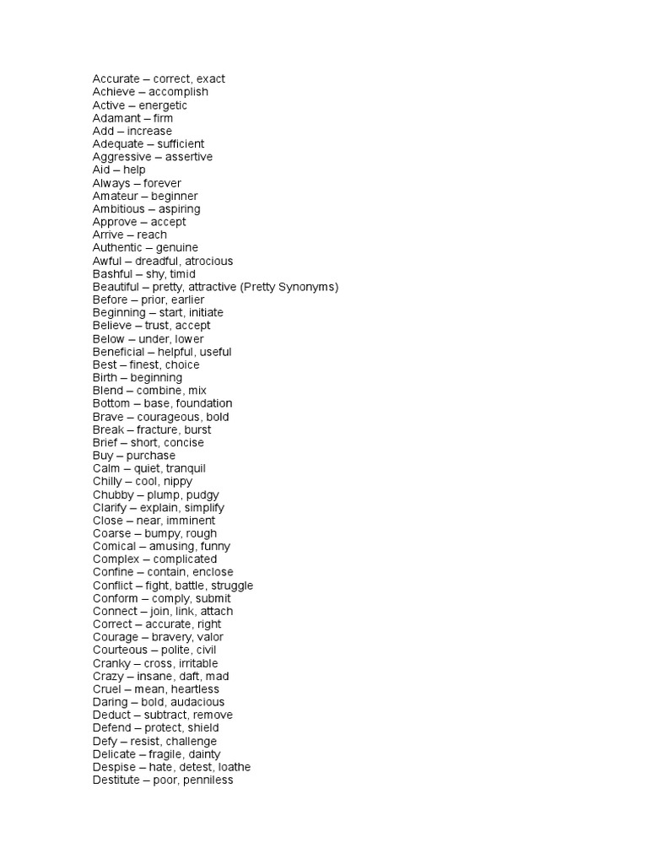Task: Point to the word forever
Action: [162, 183]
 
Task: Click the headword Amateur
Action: [116, 196]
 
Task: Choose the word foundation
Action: [202, 404]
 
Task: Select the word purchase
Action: [151, 456]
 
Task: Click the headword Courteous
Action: [119, 651]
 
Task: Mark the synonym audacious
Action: [196, 702]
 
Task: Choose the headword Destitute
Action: [116, 780]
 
